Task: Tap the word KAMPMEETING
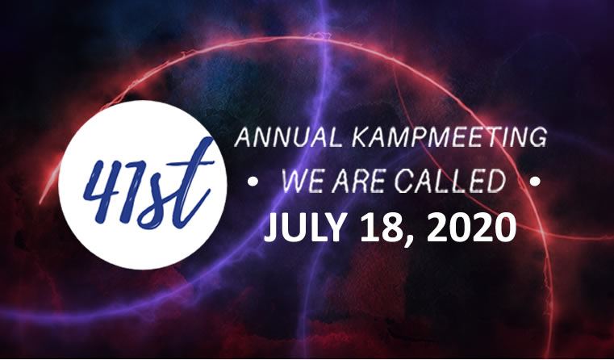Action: tap(449, 137)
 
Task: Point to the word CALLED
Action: tap(449, 182)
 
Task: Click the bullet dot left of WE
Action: tap(253, 182)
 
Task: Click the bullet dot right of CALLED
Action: tap(535, 182)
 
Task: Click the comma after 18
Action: tap(408, 240)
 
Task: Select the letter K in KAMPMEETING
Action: tap(361, 137)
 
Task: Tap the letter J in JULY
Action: tap(273, 228)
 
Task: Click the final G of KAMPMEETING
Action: tap(537, 137)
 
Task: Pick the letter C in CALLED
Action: tap(403, 182)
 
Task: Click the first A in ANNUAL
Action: tap(244, 137)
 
